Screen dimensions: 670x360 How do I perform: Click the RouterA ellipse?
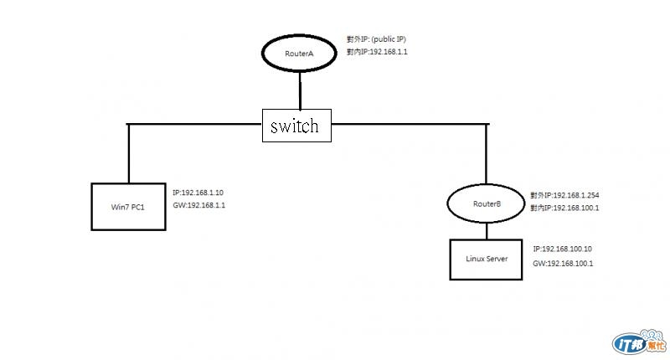262,54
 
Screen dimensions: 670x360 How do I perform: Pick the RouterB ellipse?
447,203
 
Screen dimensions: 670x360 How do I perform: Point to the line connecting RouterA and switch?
300,90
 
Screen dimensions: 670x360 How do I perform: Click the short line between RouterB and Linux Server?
487,231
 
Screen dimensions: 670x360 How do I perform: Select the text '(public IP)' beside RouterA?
389,39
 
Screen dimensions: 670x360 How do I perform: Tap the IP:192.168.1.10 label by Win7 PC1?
198,193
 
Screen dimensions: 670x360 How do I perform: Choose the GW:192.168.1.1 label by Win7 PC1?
198,205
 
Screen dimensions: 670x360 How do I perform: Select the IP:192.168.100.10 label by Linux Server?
562,249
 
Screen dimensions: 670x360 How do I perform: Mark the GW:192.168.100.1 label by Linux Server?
563,264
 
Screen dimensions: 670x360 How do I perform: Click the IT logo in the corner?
639,342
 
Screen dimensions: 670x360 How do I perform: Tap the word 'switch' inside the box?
295,126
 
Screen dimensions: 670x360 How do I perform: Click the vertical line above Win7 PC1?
128,154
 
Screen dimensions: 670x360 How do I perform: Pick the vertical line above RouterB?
487,154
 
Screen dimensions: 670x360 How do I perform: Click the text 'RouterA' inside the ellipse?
299,54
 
